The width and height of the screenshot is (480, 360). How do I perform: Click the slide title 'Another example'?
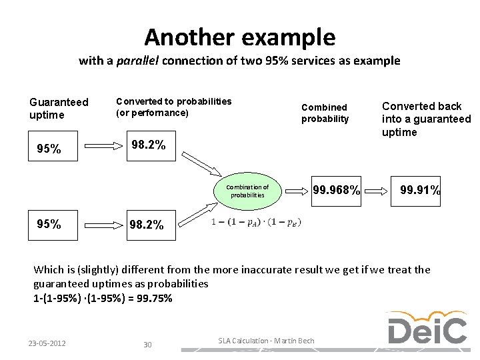click(x=239, y=36)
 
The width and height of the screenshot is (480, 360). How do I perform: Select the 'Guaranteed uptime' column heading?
click(x=59, y=109)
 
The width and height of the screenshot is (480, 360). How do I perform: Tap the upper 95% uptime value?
click(x=49, y=149)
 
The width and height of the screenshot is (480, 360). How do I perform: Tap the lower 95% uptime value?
click(x=49, y=224)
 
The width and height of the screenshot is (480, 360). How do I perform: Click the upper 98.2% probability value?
click(x=148, y=144)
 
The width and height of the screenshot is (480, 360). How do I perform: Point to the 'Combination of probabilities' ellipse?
click(x=247, y=191)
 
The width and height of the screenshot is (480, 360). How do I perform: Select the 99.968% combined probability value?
click(x=336, y=191)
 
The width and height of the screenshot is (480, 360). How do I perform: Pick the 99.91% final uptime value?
click(x=419, y=191)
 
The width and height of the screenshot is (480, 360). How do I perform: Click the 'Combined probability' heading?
click(x=325, y=113)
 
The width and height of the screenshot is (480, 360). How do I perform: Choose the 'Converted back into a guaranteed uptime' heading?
click(x=425, y=119)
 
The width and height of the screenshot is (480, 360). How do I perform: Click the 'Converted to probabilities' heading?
click(x=173, y=107)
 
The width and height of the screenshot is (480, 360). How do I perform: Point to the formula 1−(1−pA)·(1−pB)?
click(x=255, y=222)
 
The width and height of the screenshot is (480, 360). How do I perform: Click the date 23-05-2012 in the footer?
click(x=47, y=343)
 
